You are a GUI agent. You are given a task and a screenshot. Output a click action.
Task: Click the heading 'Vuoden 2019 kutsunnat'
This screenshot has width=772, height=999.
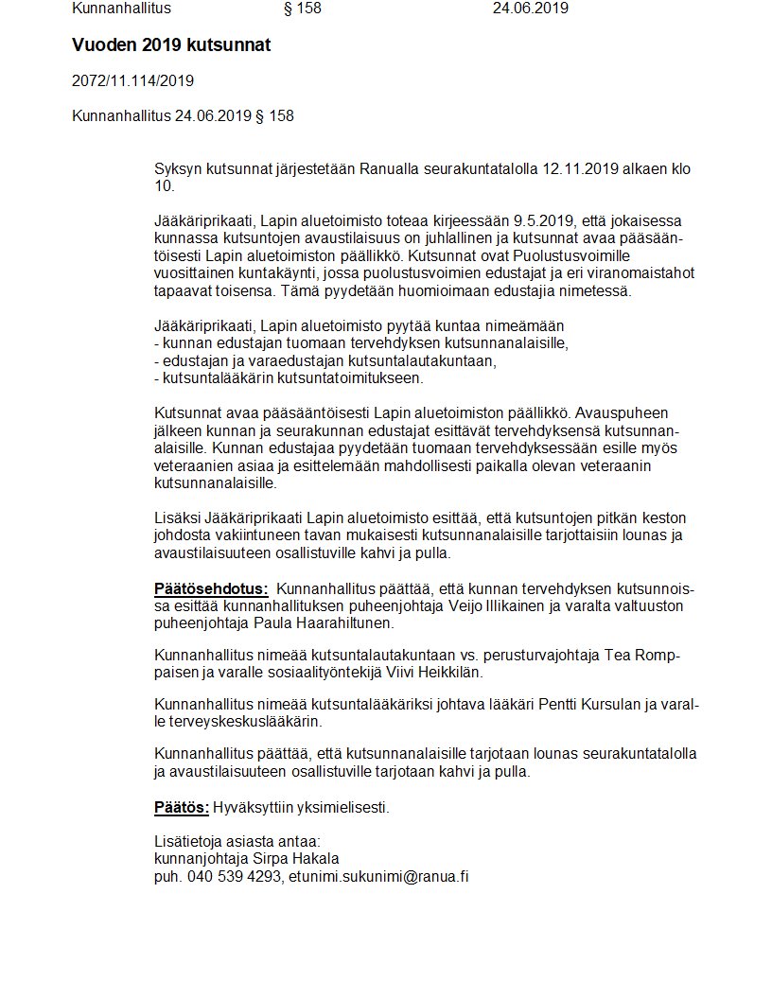171,45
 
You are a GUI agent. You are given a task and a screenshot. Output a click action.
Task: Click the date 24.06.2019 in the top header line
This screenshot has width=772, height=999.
530,9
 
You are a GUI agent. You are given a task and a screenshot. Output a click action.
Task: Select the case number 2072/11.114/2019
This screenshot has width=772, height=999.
132,81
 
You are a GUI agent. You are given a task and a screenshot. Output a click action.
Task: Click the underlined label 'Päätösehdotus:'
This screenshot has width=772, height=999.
211,588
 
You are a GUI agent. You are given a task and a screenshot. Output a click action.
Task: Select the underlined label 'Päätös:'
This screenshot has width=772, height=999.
182,807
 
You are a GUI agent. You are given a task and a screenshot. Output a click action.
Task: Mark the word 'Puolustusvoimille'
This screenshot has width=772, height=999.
570,256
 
